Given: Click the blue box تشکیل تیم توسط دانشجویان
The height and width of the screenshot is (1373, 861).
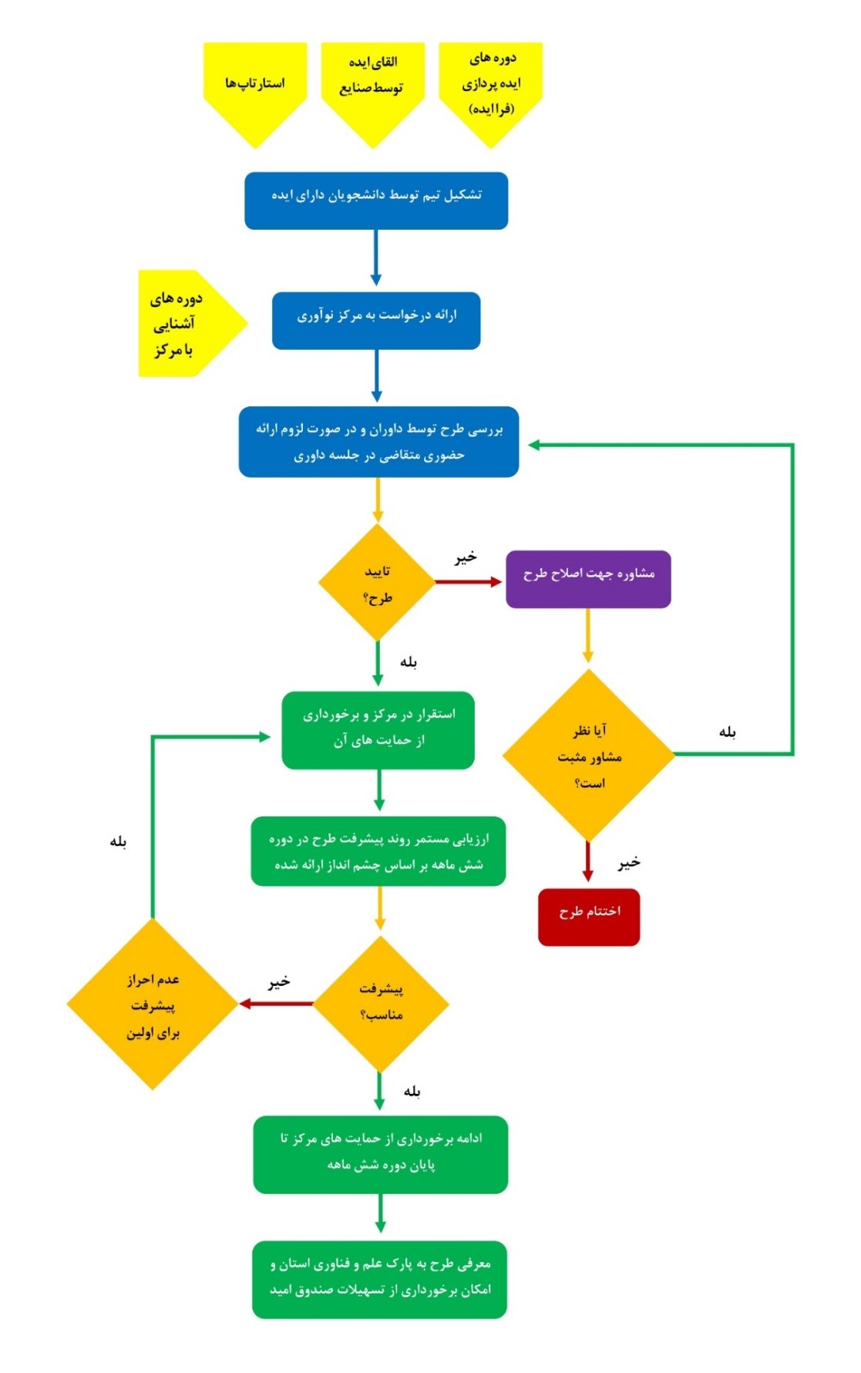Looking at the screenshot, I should point(376,200).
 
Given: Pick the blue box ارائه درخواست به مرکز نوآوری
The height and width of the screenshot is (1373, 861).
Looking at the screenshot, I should point(376,320).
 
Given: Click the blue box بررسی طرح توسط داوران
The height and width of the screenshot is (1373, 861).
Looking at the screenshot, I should point(378,442).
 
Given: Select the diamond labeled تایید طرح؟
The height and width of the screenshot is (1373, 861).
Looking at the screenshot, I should point(377,583).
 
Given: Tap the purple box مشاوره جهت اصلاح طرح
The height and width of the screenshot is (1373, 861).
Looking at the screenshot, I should point(588,579).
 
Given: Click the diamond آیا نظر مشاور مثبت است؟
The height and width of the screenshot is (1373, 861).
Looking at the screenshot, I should point(589,755).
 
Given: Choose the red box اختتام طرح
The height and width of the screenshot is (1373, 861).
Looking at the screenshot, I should point(589,917).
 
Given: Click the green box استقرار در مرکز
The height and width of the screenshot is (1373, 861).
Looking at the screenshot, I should point(378,730).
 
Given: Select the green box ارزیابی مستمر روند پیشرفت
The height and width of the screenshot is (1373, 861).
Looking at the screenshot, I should point(378,851).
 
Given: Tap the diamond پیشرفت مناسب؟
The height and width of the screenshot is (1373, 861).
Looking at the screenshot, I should point(381,1004).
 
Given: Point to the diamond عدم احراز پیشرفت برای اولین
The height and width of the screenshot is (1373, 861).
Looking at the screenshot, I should point(153,1005).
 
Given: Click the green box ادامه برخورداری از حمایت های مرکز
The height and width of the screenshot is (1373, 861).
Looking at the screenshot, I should point(381,1154).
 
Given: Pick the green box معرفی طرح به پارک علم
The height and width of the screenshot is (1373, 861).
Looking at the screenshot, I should point(380,1279).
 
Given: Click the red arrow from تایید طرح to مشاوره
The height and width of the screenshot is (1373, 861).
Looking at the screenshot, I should point(469,581).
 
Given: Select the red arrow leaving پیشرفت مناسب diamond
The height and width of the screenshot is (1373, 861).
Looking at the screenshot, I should point(277,1004).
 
